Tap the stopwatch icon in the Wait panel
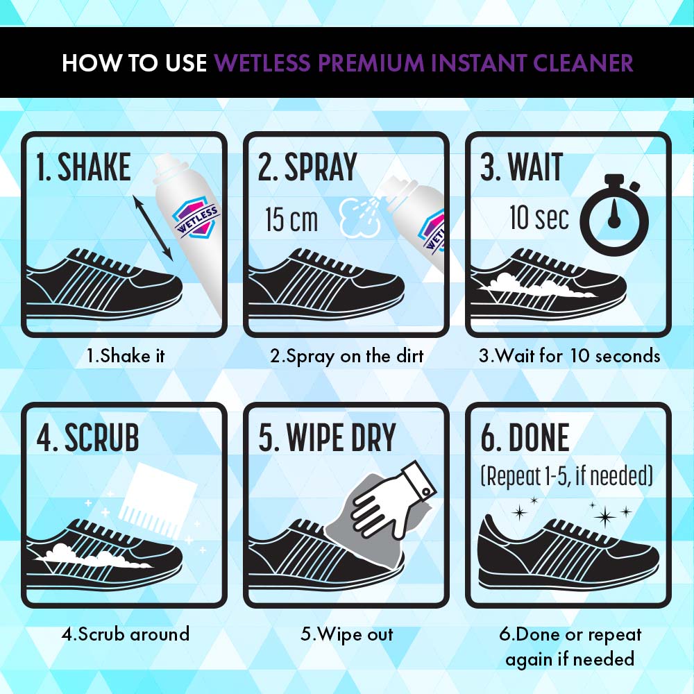[x=614, y=215]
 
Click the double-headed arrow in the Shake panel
[x=153, y=228]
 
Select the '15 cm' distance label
[x=291, y=219]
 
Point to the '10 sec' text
[x=539, y=217]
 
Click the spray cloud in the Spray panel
[x=359, y=217]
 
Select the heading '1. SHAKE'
[x=83, y=167]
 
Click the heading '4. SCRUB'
[x=87, y=437]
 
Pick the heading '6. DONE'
[x=525, y=437]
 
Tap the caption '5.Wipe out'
[x=347, y=634]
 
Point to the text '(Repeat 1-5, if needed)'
[x=567, y=476]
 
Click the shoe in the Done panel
[x=568, y=552]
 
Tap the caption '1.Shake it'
[x=126, y=356]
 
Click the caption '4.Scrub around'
[x=126, y=634]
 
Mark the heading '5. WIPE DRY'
[x=327, y=437]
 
